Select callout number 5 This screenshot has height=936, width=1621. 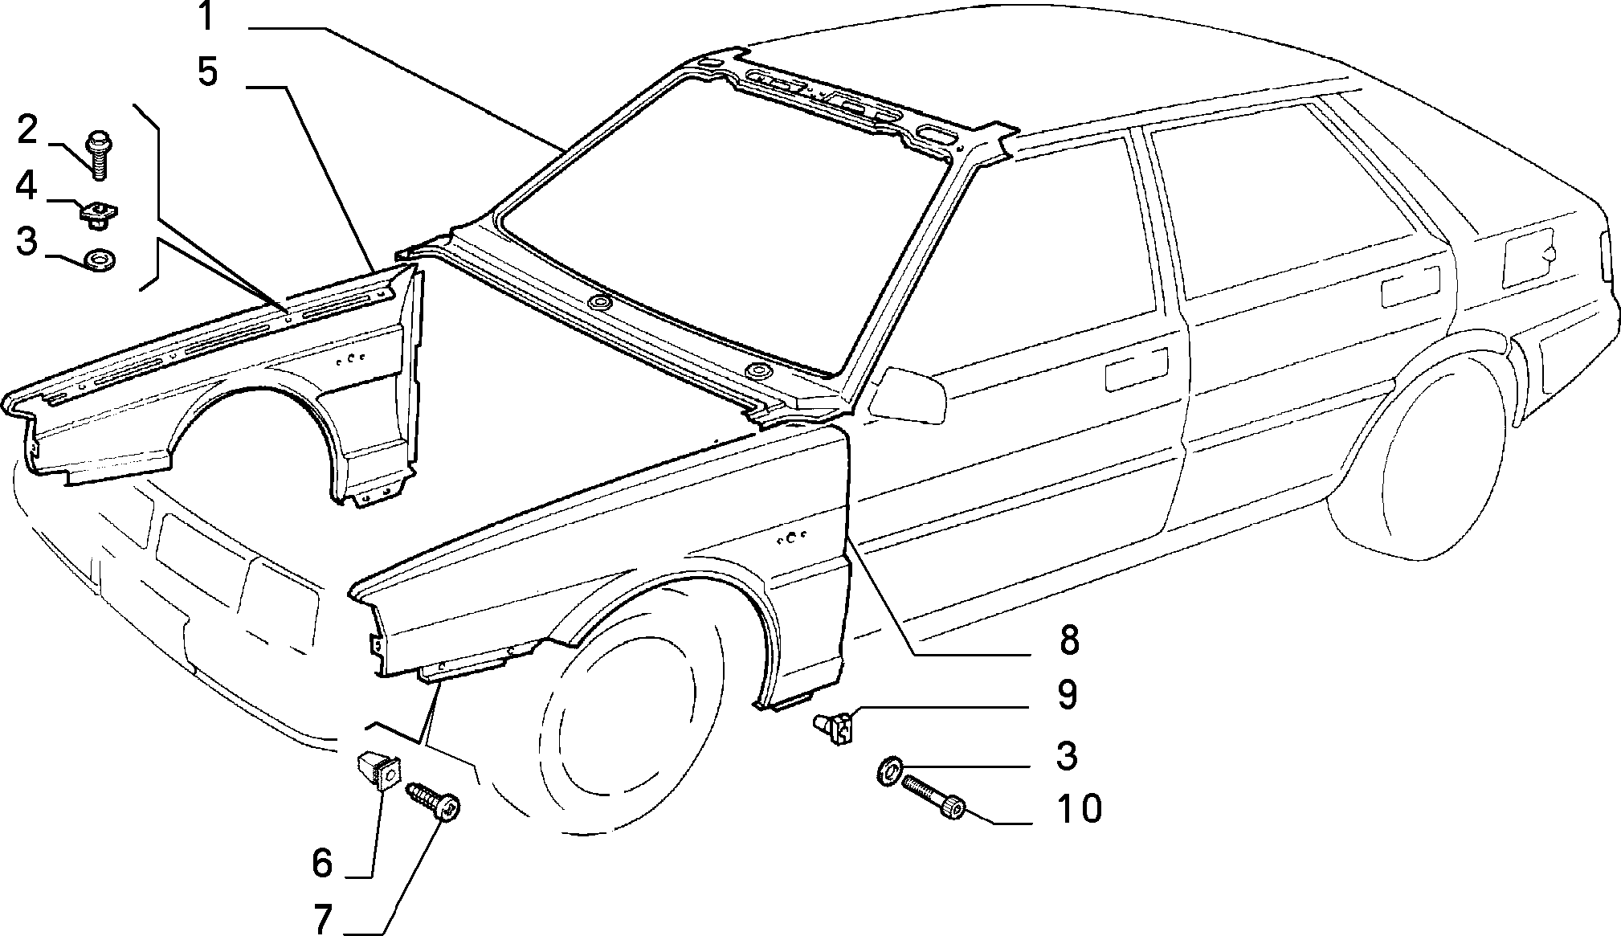pos(207,72)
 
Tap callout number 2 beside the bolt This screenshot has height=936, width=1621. pos(27,130)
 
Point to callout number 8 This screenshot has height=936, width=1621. pos(1068,640)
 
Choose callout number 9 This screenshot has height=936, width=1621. pos(1067,695)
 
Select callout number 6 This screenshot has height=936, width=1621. pos(321,863)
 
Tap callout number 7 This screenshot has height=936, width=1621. pos(323,919)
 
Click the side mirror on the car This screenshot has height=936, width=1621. pos(908,392)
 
